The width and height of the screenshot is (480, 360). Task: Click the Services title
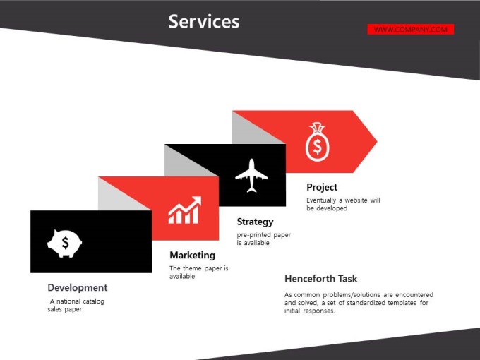point(204,21)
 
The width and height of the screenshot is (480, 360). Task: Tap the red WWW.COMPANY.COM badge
point(411,30)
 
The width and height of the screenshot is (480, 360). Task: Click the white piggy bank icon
point(64,244)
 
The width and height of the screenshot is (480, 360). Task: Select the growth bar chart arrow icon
point(185,210)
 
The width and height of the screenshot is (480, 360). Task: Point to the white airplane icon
point(251,176)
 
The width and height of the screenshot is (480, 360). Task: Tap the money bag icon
point(318,142)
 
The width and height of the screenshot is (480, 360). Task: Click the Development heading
point(78,288)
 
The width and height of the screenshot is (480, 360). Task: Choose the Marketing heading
point(192,255)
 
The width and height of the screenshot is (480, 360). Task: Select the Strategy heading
point(255,222)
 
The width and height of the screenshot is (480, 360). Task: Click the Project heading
point(322,187)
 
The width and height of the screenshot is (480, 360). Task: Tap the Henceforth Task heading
point(320,279)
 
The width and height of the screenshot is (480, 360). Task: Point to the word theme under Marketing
point(192,268)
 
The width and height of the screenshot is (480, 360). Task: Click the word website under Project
point(356,200)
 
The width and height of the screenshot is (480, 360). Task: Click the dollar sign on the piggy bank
point(65,243)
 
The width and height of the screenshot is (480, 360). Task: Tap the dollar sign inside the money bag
point(318,146)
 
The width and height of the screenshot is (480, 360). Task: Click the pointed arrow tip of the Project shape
point(377,141)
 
